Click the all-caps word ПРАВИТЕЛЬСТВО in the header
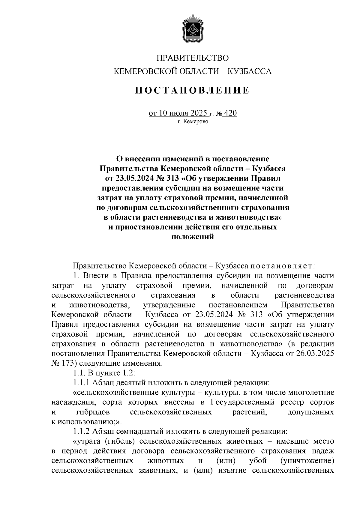[x=193, y=58]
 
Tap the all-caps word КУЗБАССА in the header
[x=250, y=71]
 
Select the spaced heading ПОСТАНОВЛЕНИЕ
[x=192, y=90]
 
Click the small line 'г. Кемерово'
[x=193, y=122]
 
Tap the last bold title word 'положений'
[x=193, y=237]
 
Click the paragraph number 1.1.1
[x=81, y=383]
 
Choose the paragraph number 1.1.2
[x=81, y=431]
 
